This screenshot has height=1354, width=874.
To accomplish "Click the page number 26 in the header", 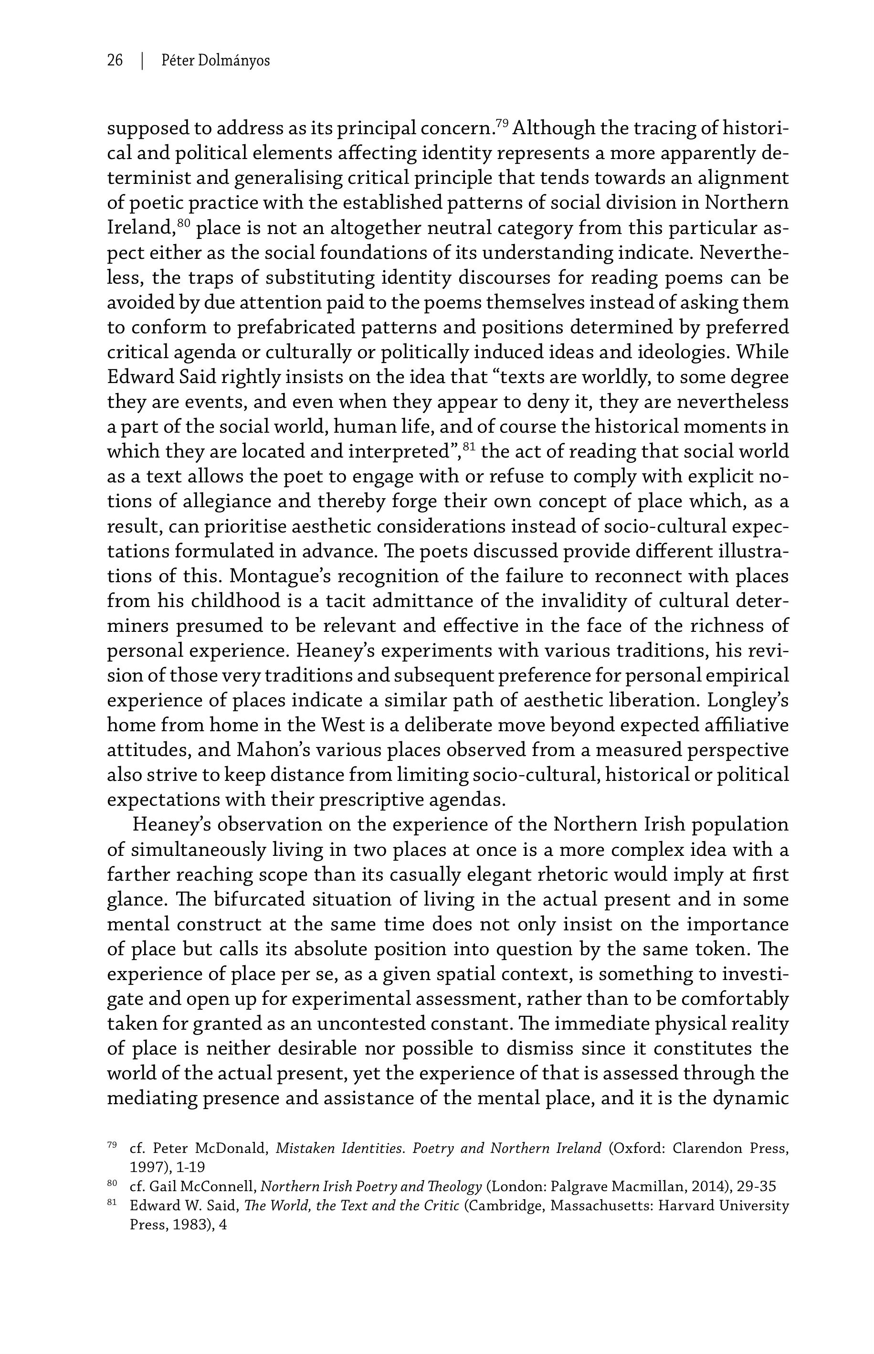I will coord(115,60).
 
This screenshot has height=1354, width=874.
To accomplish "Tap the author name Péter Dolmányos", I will coord(216,60).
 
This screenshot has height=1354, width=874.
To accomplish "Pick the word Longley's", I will coord(748,701).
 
